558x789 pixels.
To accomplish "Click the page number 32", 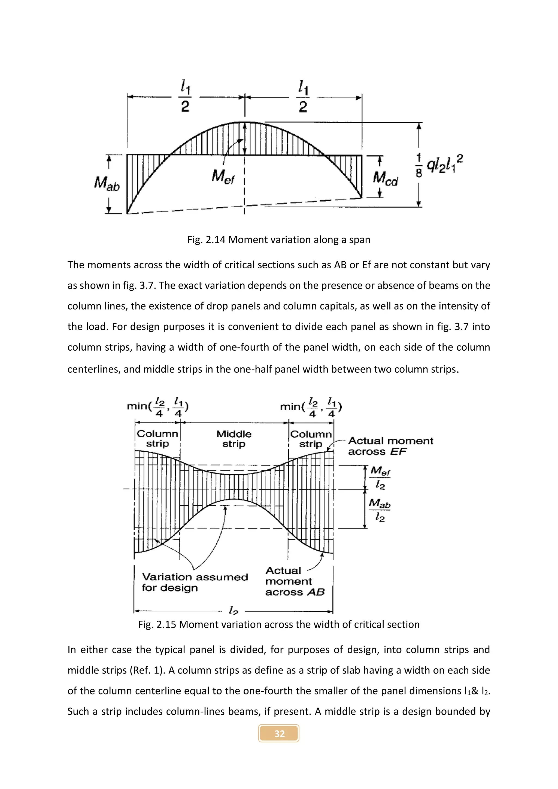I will (279, 734).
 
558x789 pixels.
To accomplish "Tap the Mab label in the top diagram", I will (107, 184).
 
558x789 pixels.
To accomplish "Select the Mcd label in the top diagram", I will (385, 178).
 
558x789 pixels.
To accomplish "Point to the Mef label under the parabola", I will (223, 177).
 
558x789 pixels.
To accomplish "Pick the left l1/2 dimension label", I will (185, 96).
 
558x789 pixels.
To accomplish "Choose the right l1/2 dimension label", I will (303, 96).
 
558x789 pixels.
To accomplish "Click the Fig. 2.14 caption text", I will (279, 239).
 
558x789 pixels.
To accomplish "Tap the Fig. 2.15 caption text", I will (279, 624).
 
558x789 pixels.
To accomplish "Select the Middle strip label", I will (234, 439).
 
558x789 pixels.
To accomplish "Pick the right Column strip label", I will (311, 439).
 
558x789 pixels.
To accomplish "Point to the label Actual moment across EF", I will (390, 446).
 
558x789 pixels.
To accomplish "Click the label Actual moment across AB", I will (295, 581).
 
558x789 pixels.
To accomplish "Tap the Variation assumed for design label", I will (195, 582).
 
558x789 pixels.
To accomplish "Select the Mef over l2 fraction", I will (380, 477).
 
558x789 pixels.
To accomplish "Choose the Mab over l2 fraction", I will (380, 510).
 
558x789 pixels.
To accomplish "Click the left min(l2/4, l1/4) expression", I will (158, 406).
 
